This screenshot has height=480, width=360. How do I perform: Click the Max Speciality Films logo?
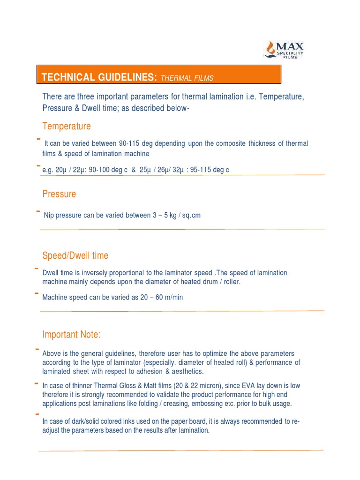click(285, 49)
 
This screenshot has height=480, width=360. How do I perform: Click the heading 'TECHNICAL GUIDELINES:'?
click(99, 77)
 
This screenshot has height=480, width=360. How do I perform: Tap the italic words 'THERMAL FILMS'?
click(187, 78)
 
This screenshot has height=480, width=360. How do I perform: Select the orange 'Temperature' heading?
click(67, 126)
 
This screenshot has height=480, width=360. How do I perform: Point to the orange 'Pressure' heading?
click(59, 194)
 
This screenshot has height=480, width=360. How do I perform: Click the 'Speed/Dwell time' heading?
click(75, 255)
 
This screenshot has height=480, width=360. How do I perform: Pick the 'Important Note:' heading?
click(72, 335)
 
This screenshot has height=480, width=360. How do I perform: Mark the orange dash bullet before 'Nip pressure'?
click(37, 212)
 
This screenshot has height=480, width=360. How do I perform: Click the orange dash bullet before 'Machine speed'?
click(37, 294)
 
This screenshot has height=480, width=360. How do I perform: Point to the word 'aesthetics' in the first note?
click(187, 371)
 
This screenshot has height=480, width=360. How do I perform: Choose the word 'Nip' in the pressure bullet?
click(49, 216)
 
